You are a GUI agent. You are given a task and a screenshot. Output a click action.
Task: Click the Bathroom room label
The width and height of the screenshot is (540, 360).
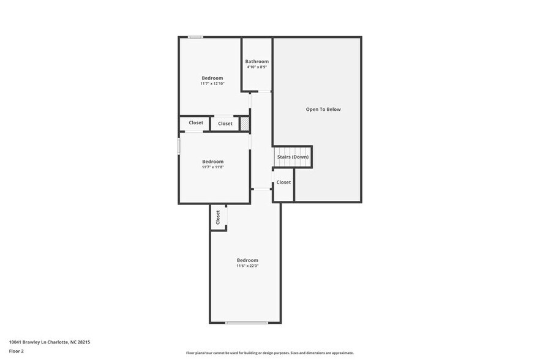pos(257,61)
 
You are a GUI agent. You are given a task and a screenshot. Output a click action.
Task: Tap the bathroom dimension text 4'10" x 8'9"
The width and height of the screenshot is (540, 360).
pos(257,67)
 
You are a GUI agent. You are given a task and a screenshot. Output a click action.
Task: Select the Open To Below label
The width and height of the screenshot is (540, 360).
pos(323,110)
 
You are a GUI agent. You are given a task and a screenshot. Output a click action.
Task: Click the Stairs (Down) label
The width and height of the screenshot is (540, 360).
pos(293,157)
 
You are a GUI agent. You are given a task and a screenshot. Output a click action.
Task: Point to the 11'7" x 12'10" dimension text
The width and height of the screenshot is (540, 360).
pos(212,83)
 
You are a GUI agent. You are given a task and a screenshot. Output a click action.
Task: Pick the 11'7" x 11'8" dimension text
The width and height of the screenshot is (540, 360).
pos(212,167)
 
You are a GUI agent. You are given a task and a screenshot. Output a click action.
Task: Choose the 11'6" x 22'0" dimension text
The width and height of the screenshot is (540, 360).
pos(247,266)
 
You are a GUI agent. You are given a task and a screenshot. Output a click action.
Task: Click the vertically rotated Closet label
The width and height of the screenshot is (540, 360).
pos(218,217)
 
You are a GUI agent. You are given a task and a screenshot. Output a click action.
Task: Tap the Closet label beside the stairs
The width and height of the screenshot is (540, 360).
pos(283,182)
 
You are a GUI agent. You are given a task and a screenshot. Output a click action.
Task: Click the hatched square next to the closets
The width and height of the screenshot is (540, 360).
pos(245,124)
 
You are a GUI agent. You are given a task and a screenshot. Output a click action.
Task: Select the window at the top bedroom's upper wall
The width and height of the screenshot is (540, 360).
pos(195,37)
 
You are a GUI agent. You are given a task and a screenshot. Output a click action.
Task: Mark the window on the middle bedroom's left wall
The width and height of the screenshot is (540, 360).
pos(179,146)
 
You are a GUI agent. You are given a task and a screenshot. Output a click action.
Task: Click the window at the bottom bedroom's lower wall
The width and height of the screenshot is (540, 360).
pos(246,323)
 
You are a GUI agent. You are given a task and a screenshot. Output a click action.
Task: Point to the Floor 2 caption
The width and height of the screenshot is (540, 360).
pos(17,351)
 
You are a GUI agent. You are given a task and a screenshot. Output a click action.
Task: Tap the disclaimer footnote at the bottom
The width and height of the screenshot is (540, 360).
pos(269,353)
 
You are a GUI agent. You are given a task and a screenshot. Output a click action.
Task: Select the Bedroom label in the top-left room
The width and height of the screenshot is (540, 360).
pos(212,78)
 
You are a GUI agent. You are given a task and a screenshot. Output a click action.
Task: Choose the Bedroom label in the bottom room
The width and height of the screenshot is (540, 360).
pos(247,260)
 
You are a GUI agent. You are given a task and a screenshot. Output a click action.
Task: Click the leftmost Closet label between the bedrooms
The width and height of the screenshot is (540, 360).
pos(196,123)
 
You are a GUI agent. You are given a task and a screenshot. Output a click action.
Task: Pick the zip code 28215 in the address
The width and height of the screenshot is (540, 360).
pos(84,342)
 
